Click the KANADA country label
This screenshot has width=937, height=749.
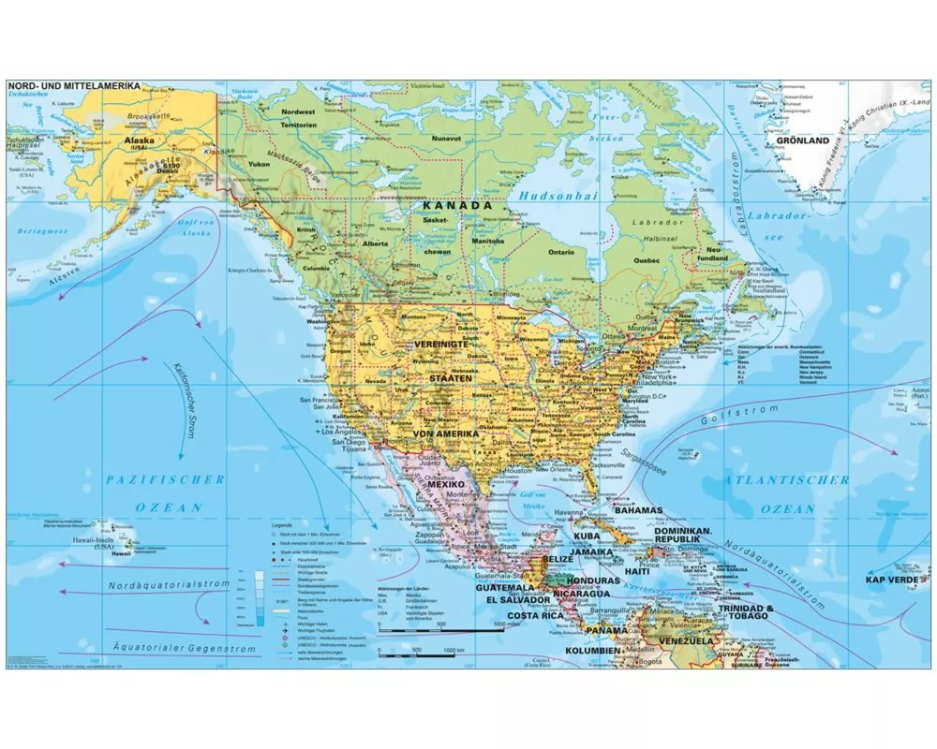click(x=456, y=204)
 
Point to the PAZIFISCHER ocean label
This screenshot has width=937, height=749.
click(x=165, y=479)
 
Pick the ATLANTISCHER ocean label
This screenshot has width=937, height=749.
click(x=786, y=479)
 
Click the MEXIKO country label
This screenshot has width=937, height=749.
click(x=447, y=485)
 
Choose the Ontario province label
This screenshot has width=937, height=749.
click(x=561, y=252)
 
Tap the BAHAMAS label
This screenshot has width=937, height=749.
click(x=639, y=510)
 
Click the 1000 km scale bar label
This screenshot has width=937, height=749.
click(x=454, y=649)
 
